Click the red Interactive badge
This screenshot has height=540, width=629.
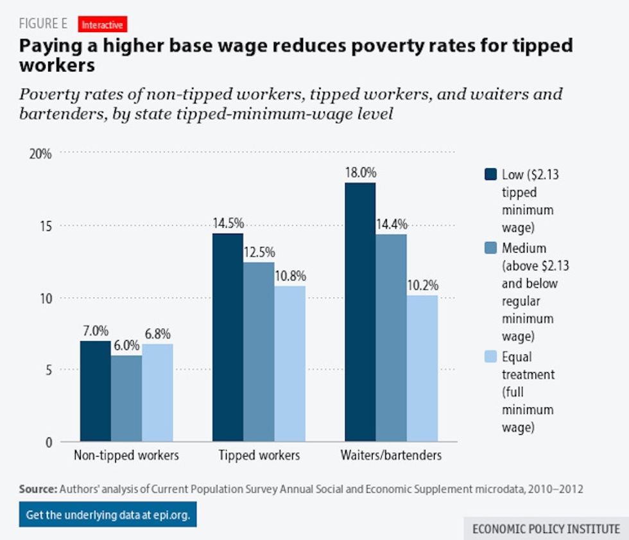tap(102, 25)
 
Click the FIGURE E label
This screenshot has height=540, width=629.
tap(43, 24)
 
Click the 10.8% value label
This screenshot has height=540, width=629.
tap(290, 275)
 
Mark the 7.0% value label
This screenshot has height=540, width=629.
tap(96, 331)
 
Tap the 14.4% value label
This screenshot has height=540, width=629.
tap(391, 224)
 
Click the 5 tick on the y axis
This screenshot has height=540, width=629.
tap(47, 370)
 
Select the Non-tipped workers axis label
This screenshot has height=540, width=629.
tap(126, 456)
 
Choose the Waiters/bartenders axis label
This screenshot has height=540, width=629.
tap(391, 456)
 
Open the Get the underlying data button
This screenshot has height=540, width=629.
tap(108, 514)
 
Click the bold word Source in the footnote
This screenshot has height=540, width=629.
tap(38, 489)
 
